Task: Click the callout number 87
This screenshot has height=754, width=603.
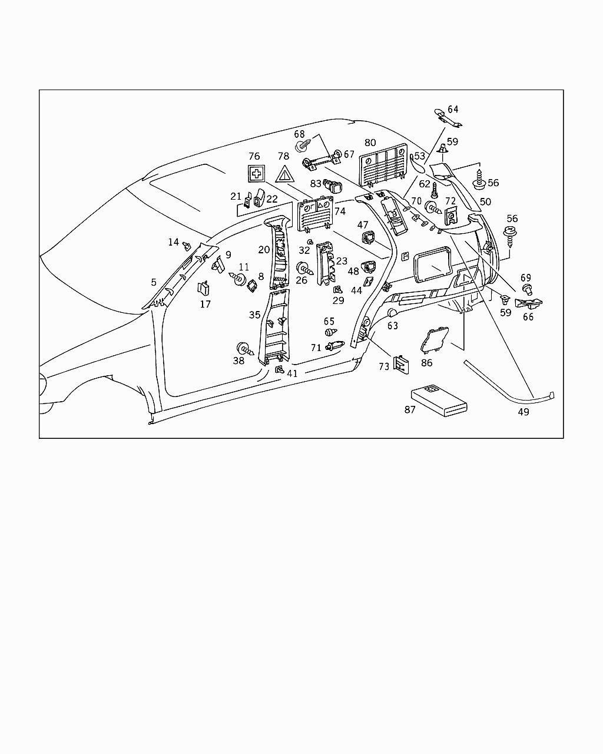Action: [x=410, y=409]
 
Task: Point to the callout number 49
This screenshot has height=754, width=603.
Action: [x=523, y=412]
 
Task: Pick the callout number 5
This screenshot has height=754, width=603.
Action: [x=154, y=282]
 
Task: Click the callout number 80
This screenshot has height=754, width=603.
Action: [x=370, y=143]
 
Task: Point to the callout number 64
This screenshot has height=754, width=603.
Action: [x=453, y=109]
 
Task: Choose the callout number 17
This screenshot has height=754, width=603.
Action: [x=205, y=304]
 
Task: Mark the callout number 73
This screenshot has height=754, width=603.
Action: [x=384, y=366]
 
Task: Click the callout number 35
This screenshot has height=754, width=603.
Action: [x=254, y=315]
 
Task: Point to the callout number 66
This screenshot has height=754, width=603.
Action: [x=528, y=317]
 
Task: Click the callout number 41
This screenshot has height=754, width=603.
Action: [x=292, y=373]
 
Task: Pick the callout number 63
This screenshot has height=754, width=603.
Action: [x=392, y=326]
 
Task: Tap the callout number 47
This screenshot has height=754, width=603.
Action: [x=363, y=225]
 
